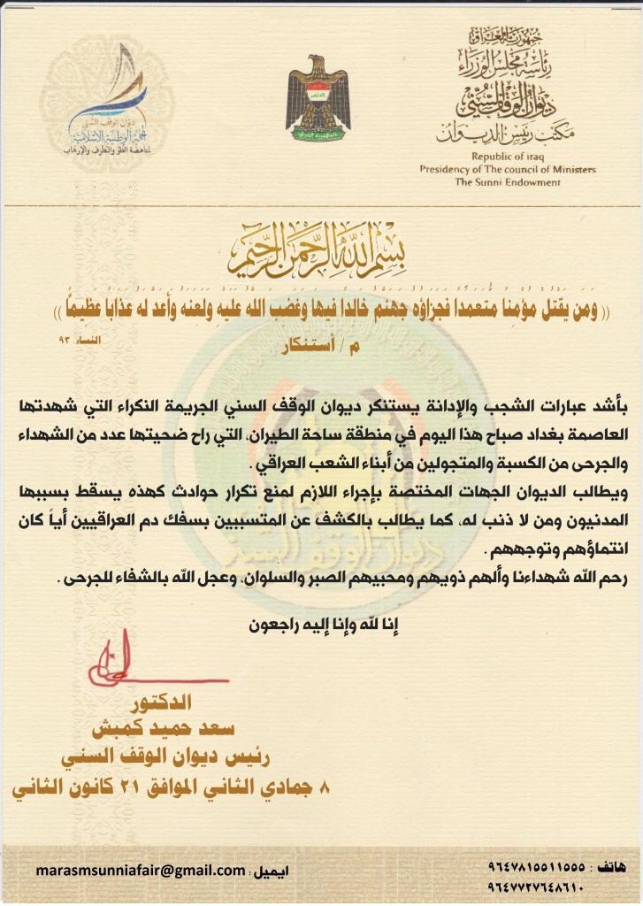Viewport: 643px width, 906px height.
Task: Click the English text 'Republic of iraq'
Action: pyautogui.click(x=507, y=157)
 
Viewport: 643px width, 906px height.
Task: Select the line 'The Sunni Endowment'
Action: pyautogui.click(x=508, y=182)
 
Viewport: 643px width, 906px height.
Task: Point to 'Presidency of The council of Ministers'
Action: pyautogui.click(x=508, y=169)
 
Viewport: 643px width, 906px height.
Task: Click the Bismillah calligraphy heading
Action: pyautogui.click(x=321, y=254)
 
